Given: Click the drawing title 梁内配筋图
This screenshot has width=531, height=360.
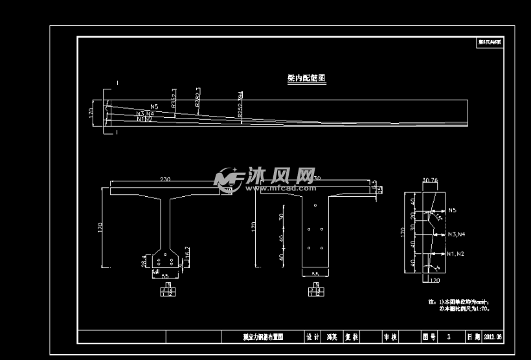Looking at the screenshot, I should tap(306, 78).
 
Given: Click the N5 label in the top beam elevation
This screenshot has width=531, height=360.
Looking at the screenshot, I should tap(154, 106).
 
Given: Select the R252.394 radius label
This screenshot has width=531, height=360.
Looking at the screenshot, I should tap(240, 104).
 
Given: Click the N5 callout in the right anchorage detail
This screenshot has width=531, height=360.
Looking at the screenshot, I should tap(452, 210).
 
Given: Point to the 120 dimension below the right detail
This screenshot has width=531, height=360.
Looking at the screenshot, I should tap(435, 281).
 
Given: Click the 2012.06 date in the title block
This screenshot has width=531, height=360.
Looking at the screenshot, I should tap(493, 337).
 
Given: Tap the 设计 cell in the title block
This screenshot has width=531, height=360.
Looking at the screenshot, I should tap(313, 337).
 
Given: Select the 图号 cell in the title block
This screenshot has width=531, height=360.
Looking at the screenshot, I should tap(429, 337).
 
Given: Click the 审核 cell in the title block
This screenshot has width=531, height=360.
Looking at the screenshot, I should tap(390, 337).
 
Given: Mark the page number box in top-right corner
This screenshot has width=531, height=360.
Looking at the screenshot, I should tap(490, 42).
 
